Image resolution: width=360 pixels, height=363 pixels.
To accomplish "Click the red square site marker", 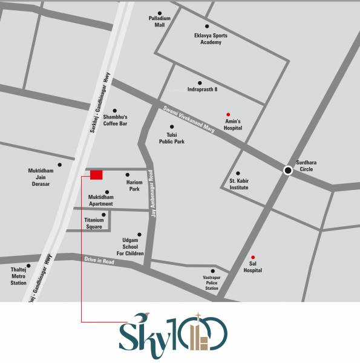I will coord(96,175).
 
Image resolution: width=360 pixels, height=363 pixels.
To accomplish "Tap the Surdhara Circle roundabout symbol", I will coord(288,171).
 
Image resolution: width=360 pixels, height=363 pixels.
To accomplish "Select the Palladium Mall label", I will coord(160,22).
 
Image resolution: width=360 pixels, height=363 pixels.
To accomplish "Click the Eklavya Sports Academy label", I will coord(206,39).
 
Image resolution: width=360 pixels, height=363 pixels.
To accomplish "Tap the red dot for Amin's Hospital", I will coord(228,114).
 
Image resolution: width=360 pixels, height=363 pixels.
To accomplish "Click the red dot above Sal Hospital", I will coord(253,257).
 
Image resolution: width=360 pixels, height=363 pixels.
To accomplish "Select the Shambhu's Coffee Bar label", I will coord(115,120).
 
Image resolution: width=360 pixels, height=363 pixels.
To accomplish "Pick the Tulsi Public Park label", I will coord(171,139).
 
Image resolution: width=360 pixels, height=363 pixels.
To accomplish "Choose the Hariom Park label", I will coord(134,185).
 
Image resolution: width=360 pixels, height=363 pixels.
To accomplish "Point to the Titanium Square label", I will coord(94,223).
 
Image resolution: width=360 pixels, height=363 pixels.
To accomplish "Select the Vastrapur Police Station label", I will coord(211,283).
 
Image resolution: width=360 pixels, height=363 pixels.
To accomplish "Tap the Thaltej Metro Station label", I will coord(19,276).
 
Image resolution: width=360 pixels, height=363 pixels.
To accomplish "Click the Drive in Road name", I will coord(99,261).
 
